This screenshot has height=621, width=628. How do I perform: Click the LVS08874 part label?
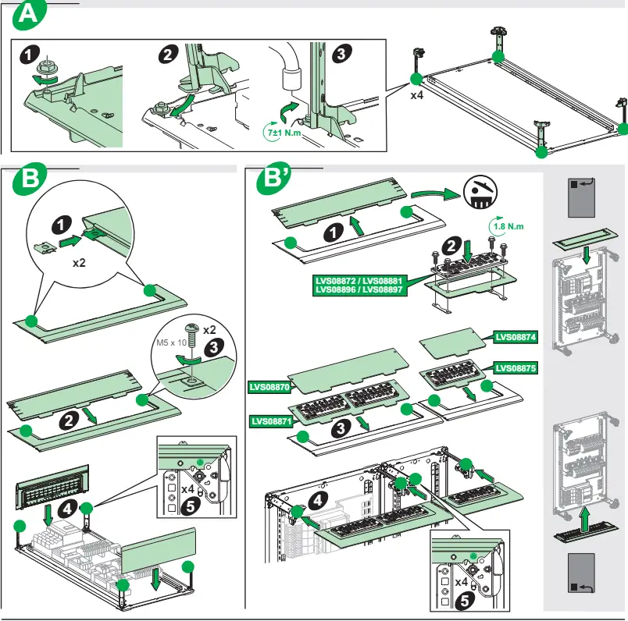516,338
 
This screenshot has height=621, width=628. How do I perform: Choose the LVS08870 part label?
269,385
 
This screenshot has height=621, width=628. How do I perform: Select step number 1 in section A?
29,55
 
